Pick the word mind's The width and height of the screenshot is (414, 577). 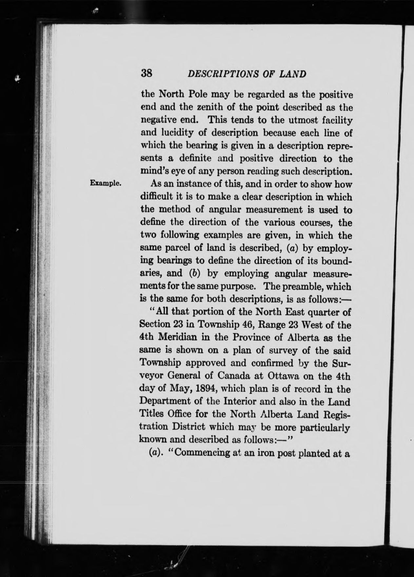pos(153,171)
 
